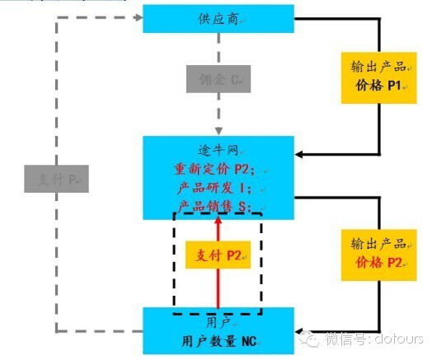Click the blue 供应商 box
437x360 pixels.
point(218,18)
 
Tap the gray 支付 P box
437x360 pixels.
point(56,178)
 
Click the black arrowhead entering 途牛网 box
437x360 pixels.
point(300,154)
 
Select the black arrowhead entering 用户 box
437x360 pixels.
point(300,326)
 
